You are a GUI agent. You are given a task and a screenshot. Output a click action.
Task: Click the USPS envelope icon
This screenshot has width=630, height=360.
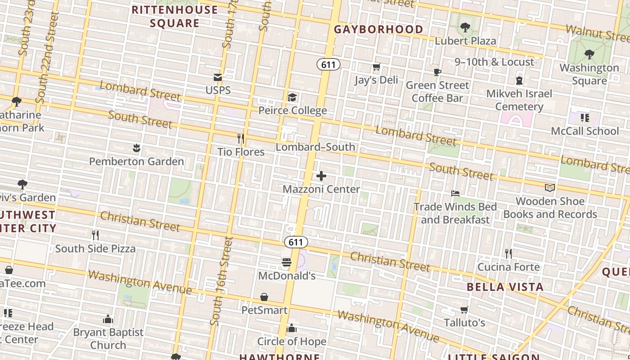point(218,77)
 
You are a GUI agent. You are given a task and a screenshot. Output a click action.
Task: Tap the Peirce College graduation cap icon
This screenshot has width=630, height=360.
point(292,98)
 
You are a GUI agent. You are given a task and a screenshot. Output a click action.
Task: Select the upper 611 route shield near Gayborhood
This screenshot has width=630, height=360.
point(328,64)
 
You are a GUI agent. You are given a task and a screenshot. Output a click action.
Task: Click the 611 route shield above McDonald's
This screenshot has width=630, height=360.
point(296,242)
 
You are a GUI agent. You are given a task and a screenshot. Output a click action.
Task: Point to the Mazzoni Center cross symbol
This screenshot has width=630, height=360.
point(321,176)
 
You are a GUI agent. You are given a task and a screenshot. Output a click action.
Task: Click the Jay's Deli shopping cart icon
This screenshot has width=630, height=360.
point(377,67)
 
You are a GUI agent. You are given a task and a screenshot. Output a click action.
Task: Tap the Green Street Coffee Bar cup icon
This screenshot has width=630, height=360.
point(437,72)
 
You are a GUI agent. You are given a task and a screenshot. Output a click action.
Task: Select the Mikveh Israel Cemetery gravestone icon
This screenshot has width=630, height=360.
point(519,81)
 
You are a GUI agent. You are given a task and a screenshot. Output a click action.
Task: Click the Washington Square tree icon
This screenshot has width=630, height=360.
point(589,55)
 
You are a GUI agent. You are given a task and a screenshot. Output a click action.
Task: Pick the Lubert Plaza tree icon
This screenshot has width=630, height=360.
point(465,28)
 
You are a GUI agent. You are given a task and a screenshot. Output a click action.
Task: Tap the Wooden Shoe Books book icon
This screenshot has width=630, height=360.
point(550,188)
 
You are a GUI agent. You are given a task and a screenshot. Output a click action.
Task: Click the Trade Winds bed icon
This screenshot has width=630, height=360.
point(455,193)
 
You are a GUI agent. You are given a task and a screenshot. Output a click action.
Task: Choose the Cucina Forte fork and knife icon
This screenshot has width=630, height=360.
point(508,254)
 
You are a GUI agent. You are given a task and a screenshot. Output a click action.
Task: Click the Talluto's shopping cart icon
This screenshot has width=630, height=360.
point(464,310)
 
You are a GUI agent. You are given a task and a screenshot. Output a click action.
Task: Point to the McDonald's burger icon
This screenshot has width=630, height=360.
point(287,262)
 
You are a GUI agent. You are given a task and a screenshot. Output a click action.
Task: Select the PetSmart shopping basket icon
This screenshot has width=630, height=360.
point(264,297)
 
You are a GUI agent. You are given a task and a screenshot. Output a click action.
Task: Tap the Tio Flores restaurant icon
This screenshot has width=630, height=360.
point(241,139)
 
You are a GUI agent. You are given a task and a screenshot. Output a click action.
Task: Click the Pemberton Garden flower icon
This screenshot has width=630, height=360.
point(136,148)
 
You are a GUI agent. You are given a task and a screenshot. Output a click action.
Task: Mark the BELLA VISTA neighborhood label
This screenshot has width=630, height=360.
point(505,287)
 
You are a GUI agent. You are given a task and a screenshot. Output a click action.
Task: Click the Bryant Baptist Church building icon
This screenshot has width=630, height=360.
point(108,319)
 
